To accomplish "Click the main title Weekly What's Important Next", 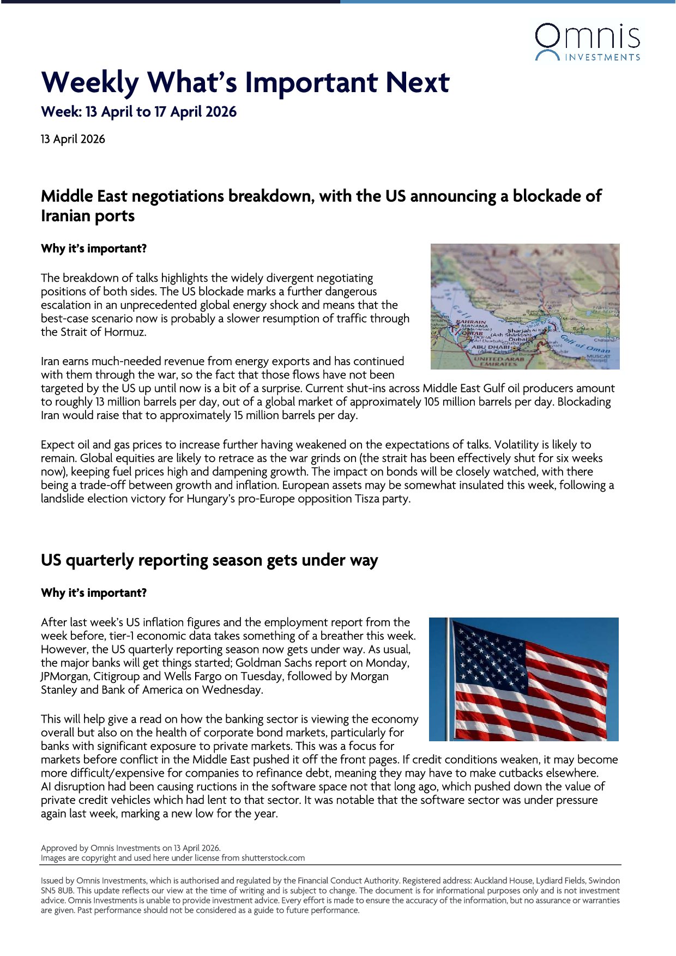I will coord(245,82).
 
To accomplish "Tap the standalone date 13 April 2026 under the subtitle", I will coord(73,139).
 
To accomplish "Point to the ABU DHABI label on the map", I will coord(490,347).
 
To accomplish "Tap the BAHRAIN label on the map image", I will coord(470,322).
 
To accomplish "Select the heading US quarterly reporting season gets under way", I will coord(209,560).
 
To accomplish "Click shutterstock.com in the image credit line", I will coord(273,858).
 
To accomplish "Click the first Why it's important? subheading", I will coord(94,249).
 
